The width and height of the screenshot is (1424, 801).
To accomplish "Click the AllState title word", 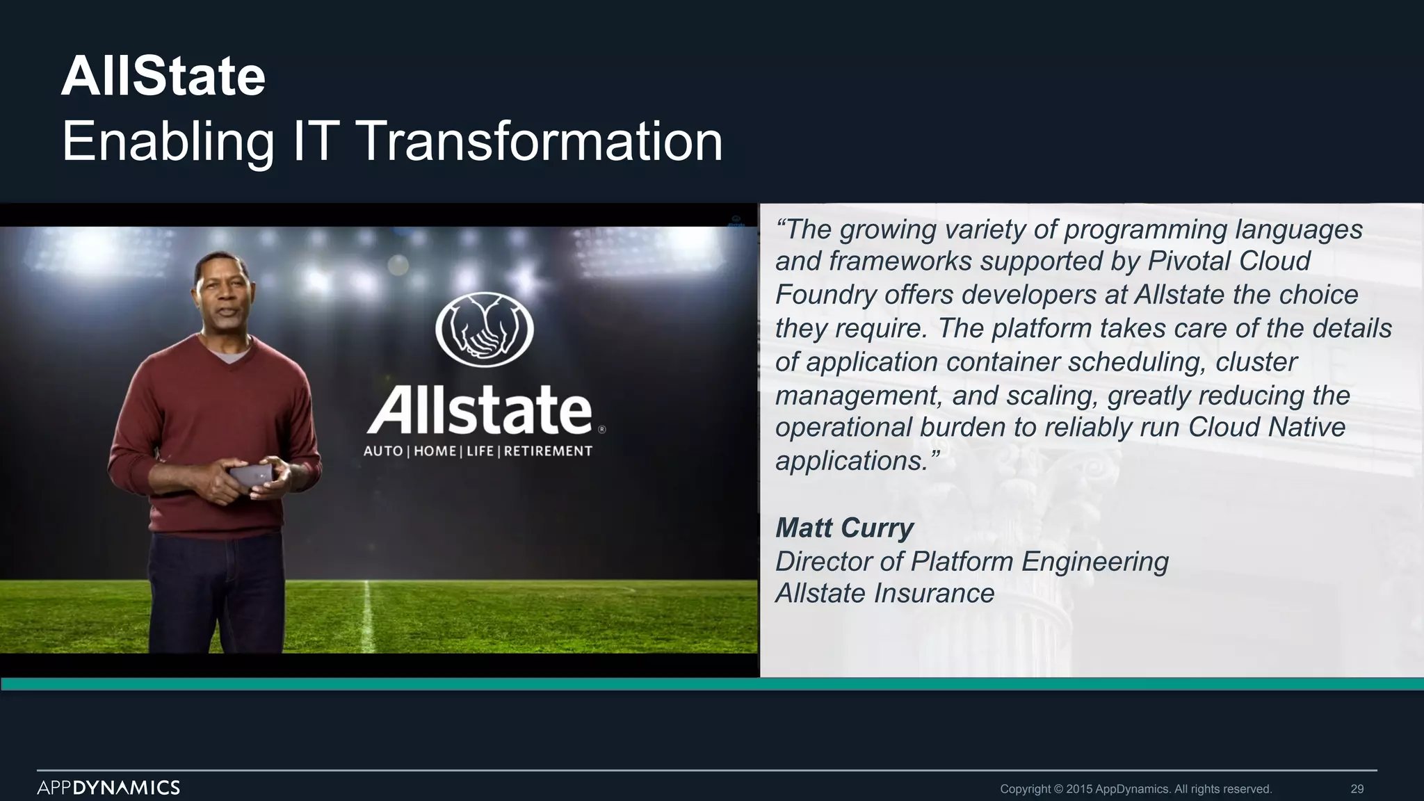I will pos(163,76).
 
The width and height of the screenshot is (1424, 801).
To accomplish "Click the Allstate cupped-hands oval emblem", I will pos(485,330).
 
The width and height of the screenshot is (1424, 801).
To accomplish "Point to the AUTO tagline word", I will pos(383,451).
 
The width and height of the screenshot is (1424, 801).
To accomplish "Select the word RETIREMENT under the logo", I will pos(548,451).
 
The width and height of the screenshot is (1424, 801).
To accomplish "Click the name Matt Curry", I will pos(843,528).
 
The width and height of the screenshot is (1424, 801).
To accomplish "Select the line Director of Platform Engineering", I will pos(971,561).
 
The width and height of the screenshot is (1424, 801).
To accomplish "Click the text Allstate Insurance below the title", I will pos(884,593).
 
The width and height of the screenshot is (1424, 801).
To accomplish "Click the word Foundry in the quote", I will pos(826,295).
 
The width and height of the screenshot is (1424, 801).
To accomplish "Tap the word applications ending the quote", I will pos(852,461).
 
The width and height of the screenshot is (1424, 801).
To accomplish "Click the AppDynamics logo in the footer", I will pos(108,787).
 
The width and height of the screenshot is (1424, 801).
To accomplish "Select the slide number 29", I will pos(1357,788).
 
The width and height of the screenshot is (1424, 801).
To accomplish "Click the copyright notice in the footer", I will pos(1135,788).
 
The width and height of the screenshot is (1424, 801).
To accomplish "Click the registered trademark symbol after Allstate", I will pos(602,430).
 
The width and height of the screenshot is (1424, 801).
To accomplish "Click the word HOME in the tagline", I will pos(435,451).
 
